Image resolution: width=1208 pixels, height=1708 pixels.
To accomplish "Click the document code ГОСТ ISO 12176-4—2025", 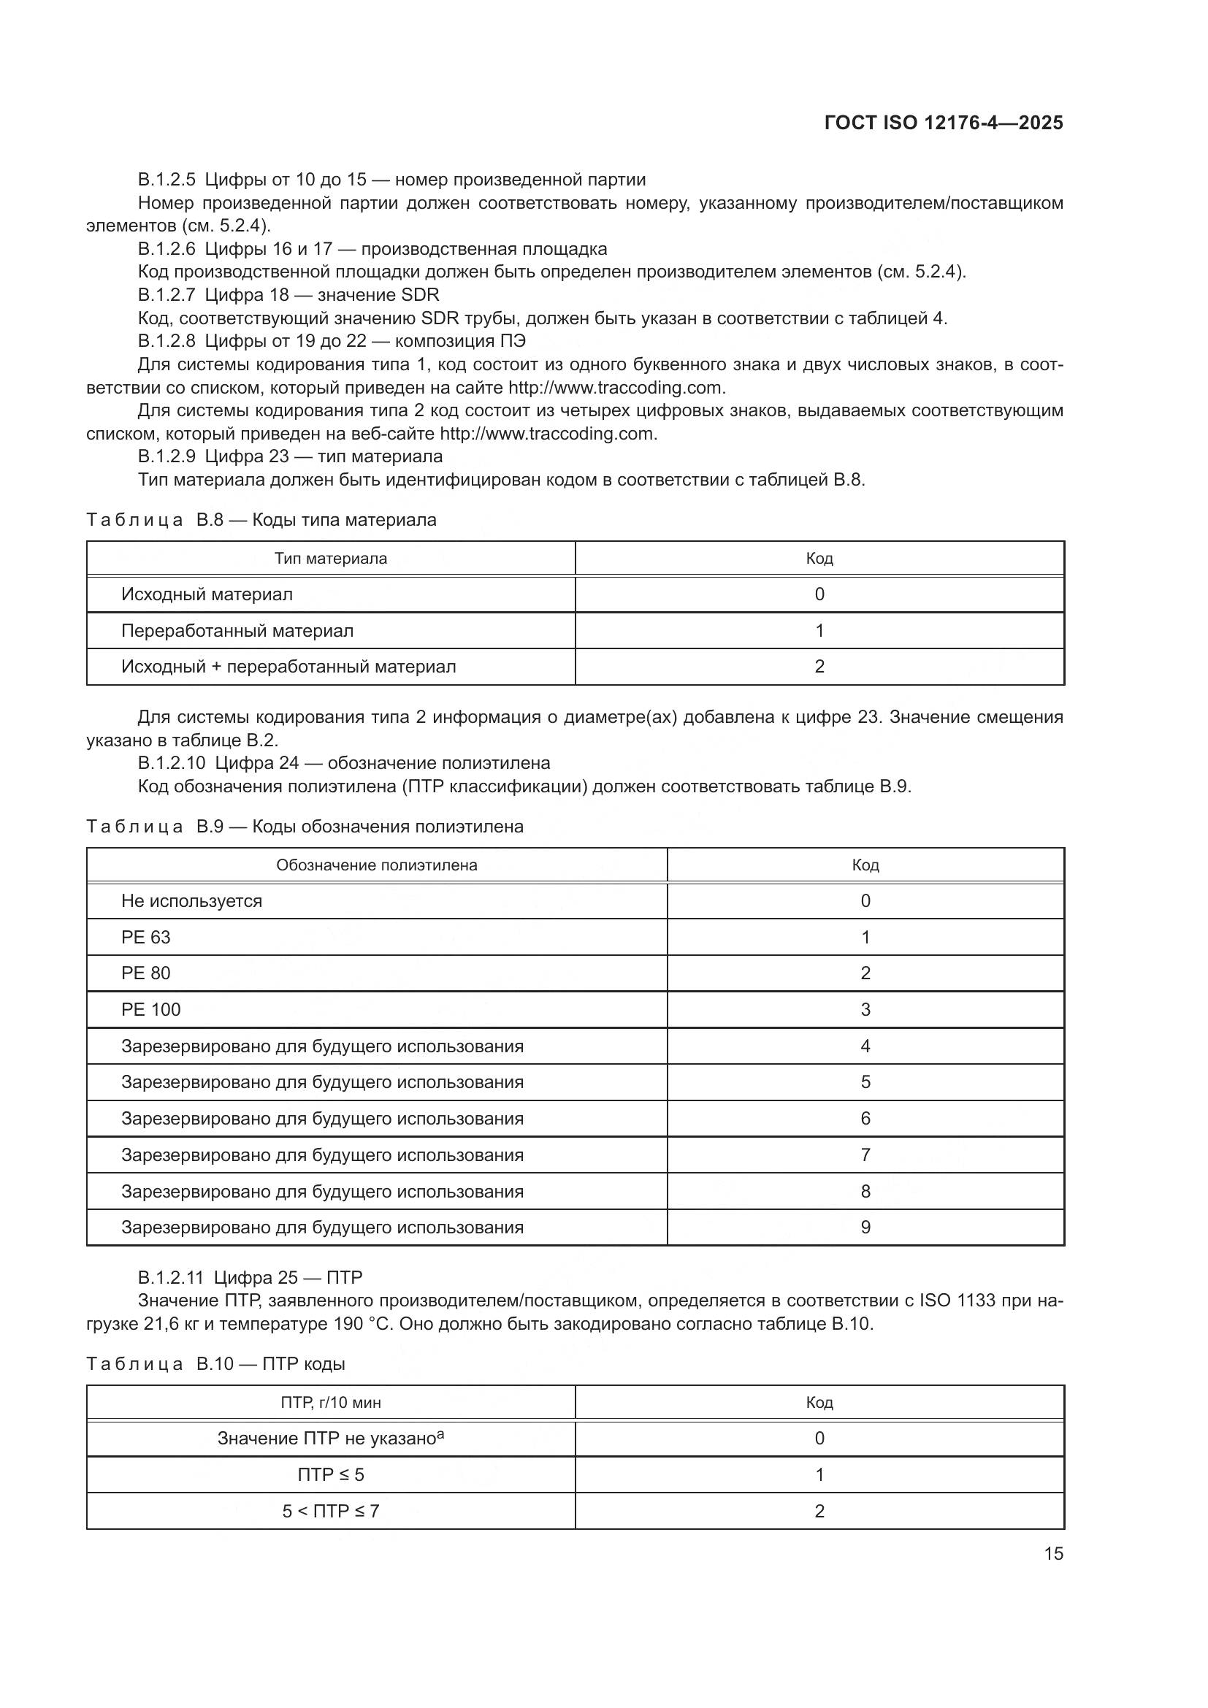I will [x=943, y=123].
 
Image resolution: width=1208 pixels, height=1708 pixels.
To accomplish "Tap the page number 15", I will [x=1053, y=1553].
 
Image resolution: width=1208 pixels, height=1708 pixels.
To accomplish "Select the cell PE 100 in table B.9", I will [x=151, y=1009].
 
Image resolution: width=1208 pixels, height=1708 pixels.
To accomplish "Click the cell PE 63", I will [x=146, y=938].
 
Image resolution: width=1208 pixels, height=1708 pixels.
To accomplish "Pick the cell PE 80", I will [x=146, y=973].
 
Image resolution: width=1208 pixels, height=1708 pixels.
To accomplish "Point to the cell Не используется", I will [x=191, y=901].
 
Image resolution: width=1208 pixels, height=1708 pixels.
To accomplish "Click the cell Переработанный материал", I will [x=237, y=631].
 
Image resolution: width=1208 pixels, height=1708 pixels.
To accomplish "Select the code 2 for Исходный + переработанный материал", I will [x=819, y=667].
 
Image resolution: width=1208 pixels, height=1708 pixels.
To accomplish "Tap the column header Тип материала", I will [x=330, y=559].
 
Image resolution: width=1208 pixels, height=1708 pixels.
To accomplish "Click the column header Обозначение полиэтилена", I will [x=376, y=865].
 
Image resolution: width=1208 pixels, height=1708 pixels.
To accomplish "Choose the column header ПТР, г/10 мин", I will [x=330, y=1403].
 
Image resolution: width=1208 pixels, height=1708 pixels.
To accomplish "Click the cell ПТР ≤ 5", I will [x=330, y=1475].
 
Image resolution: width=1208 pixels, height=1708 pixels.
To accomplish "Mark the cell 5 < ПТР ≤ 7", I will [x=330, y=1511].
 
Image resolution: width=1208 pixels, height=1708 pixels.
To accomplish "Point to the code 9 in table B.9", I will [x=865, y=1228].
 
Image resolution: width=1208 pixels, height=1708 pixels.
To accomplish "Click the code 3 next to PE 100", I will [x=865, y=1009].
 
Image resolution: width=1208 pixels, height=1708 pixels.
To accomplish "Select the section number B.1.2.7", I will [x=166, y=295].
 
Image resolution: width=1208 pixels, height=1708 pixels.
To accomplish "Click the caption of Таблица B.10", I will [x=215, y=1364].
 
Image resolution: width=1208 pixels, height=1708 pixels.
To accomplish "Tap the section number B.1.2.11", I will [x=170, y=1278].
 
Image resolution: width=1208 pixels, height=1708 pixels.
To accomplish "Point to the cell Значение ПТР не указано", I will [x=330, y=1439].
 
